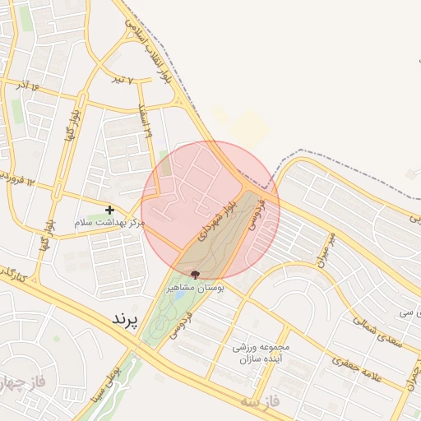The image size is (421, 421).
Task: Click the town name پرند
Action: tap(127, 317)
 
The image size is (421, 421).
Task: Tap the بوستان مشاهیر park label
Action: tap(195, 288)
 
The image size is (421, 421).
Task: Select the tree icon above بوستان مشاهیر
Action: tap(195, 275)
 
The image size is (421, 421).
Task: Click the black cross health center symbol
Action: tap(109, 210)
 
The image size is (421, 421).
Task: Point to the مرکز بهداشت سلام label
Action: tap(109, 223)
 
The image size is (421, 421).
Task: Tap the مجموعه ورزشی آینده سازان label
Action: tap(261, 354)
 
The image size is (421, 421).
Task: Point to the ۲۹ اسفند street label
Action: tap(148, 123)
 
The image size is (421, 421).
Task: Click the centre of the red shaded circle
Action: tap(210, 210)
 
